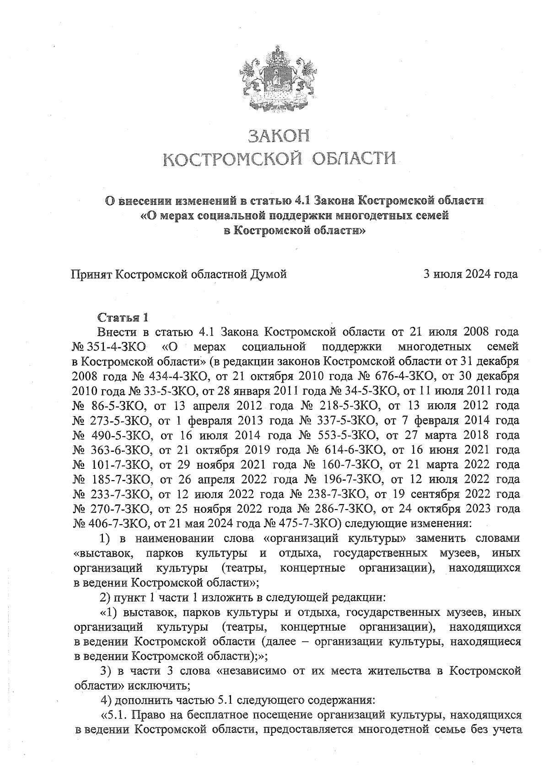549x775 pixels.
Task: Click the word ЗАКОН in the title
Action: point(279,136)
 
